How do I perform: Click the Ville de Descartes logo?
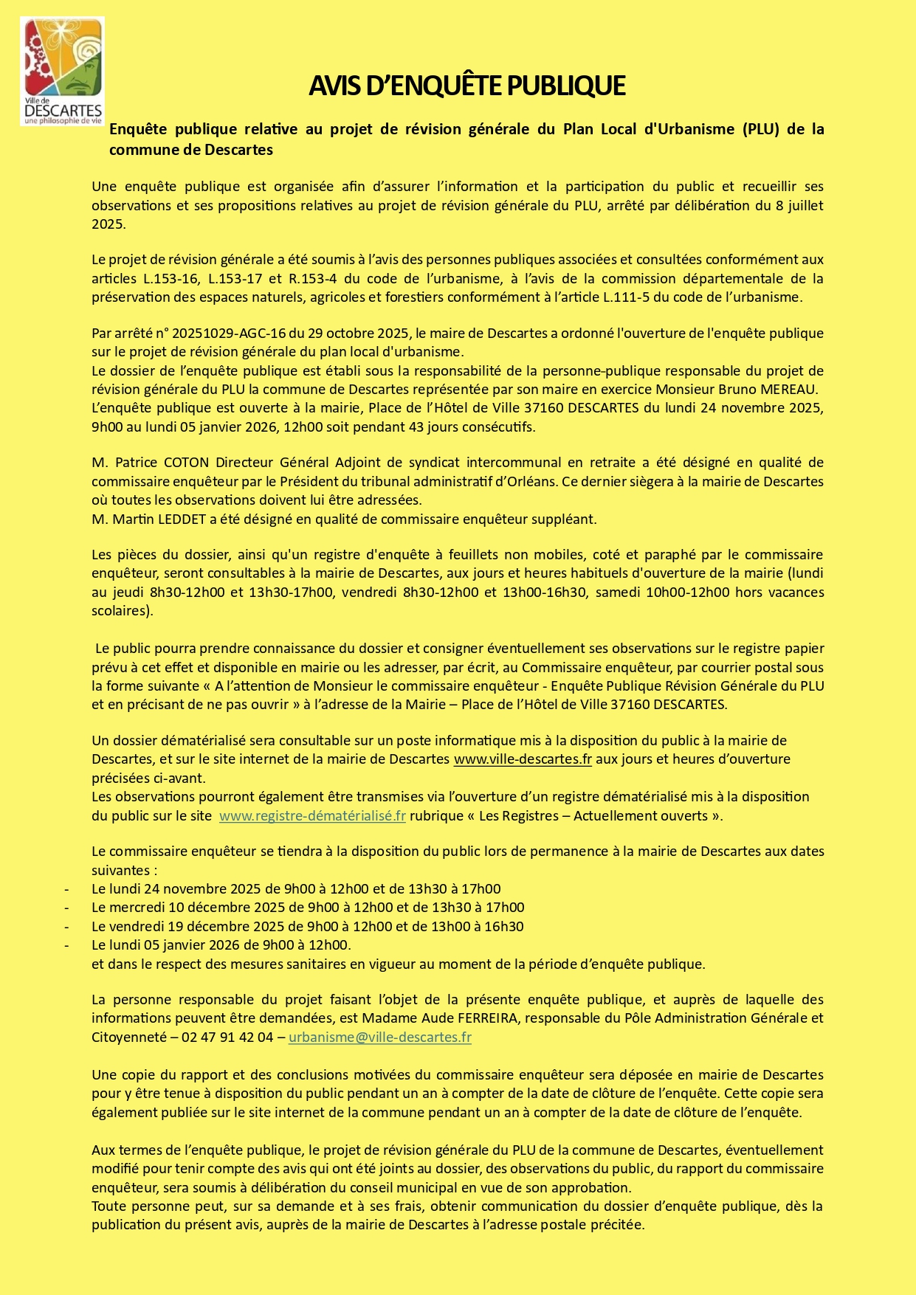click(x=63, y=72)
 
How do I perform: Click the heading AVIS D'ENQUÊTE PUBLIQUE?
click(x=466, y=86)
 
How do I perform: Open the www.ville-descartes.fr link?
click(x=523, y=759)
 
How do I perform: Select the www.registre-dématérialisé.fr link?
click(x=312, y=816)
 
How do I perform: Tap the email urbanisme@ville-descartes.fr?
click(x=379, y=1037)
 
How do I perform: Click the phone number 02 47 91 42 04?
click(x=227, y=1037)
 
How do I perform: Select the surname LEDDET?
click(x=182, y=519)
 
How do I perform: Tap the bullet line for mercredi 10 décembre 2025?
click(x=308, y=908)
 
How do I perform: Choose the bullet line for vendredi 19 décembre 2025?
click(x=308, y=927)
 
